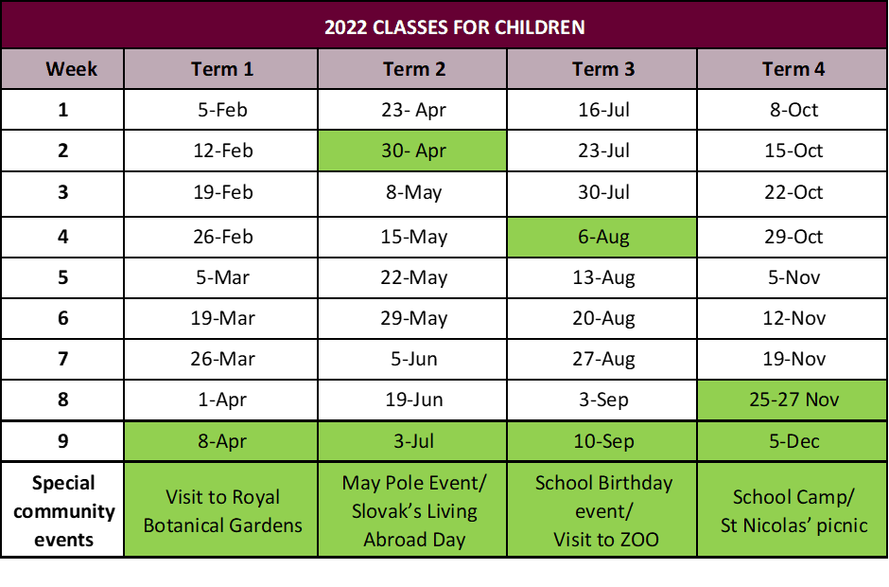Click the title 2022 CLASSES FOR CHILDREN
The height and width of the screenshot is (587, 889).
coord(454,27)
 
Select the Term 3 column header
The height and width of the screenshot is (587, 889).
coord(602,69)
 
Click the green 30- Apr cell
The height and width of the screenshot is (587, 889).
coord(412,151)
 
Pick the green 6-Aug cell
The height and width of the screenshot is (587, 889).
coord(602,237)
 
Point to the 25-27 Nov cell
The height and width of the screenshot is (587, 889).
coord(793,400)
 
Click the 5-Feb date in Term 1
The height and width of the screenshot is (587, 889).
coord(222,110)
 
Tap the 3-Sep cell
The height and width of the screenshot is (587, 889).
coord(602,400)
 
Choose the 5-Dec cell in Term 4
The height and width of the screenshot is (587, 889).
coord(793,441)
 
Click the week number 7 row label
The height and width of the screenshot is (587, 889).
coord(63,359)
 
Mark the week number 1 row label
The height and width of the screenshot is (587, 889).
coord(63,110)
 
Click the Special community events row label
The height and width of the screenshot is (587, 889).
coord(63,510)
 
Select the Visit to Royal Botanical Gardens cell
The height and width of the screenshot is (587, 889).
coord(222,510)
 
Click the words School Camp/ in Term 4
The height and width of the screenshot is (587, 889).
coord(793,497)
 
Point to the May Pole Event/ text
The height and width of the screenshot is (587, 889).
coord(414,483)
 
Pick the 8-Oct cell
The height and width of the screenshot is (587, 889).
coord(793,110)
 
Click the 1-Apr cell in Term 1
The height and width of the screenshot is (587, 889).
coord(222,400)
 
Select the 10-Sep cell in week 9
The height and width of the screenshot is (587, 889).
coord(602,441)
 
